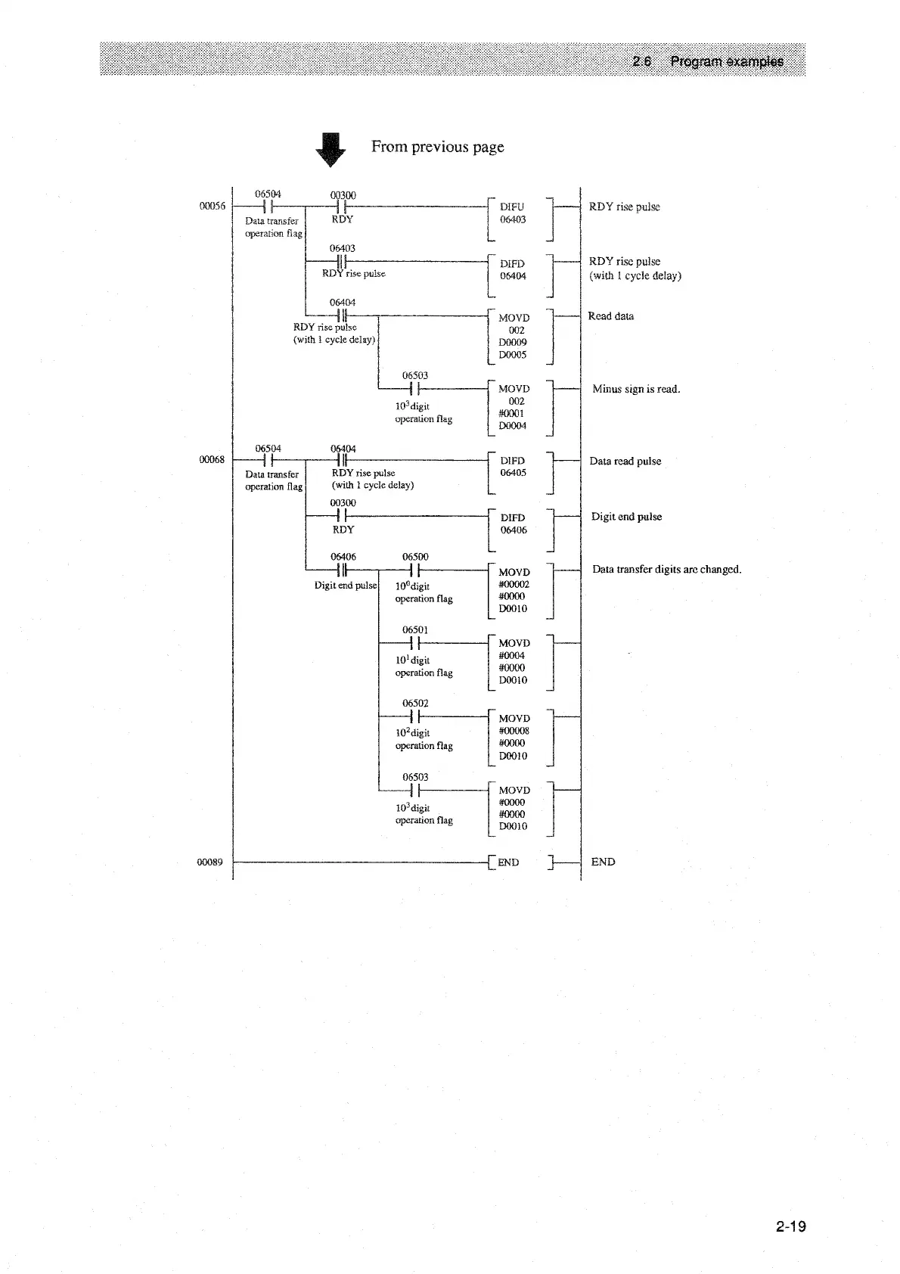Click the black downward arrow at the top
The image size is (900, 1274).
(x=330, y=149)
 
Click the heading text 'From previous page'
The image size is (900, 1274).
(x=437, y=147)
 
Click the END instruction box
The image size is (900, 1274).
(x=522, y=862)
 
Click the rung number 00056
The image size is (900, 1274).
(x=212, y=207)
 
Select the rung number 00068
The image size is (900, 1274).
(x=212, y=460)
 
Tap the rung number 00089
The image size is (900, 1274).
(x=210, y=862)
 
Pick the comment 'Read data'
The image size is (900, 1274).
(x=610, y=316)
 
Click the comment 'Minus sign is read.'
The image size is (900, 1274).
(x=636, y=390)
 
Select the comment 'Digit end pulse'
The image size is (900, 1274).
(x=626, y=517)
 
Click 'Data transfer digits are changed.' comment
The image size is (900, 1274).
(x=666, y=570)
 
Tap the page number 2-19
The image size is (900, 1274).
(x=790, y=1226)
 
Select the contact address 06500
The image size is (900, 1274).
(x=415, y=557)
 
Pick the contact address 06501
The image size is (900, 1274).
(x=415, y=629)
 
